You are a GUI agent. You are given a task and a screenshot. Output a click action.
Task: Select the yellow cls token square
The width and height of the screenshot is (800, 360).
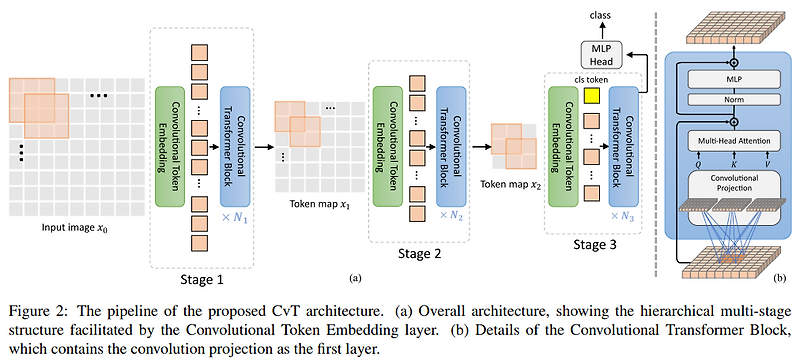click(592, 96)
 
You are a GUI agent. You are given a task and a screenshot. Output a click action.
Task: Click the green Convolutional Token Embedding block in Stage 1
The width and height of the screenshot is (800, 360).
click(168, 140)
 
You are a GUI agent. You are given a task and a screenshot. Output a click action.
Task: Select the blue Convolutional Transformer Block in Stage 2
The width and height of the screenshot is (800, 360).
click(450, 139)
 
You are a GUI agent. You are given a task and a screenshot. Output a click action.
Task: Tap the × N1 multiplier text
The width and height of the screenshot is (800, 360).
click(232, 216)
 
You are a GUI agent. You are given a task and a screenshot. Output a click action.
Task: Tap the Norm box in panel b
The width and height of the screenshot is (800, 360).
click(733, 100)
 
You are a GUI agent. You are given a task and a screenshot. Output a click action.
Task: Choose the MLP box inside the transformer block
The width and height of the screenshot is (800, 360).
click(733, 76)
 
